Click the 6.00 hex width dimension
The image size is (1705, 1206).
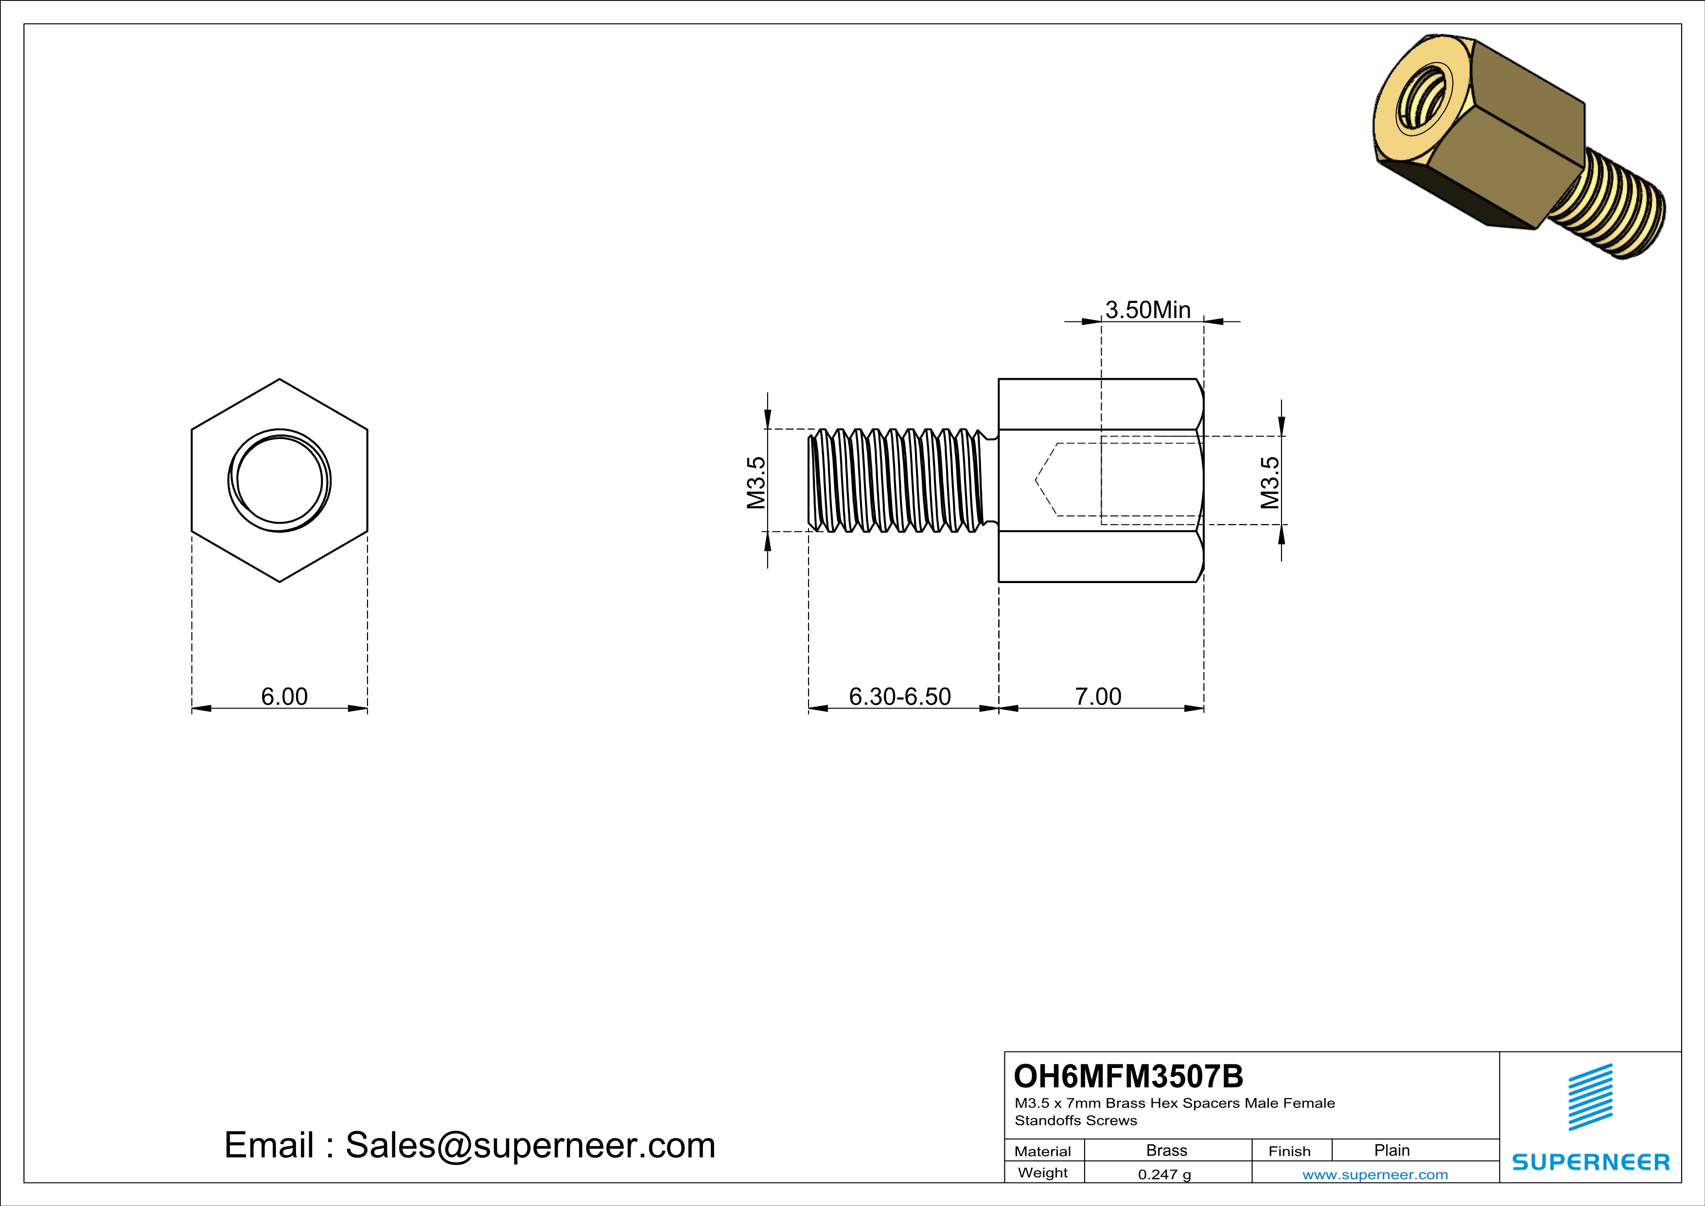coord(283,696)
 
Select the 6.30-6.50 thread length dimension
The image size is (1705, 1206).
coord(899,696)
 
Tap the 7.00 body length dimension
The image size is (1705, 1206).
coord(1098,696)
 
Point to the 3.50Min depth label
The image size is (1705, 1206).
coord(1147,310)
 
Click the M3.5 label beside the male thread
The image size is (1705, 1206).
coord(755,483)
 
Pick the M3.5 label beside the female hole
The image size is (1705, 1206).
coord(1270,483)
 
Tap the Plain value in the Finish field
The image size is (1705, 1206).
coord(1391,1150)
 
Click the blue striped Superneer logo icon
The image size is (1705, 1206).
coord(1590,1097)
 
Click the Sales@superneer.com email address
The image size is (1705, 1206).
coord(530,1145)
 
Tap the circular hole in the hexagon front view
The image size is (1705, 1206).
coord(279,480)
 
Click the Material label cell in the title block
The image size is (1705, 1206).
coord(1043,1151)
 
